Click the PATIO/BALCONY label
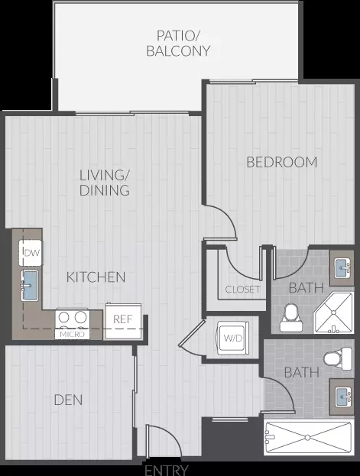[x=178, y=44]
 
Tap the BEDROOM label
[x=282, y=162]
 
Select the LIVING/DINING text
[x=105, y=183]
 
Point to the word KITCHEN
[x=96, y=277]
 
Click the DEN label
[x=68, y=400]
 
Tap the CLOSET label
[x=243, y=290]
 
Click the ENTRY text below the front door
[x=167, y=470]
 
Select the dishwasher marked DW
[x=31, y=253]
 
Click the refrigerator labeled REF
[x=123, y=321]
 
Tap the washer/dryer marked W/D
[x=233, y=338]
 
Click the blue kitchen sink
[x=30, y=285]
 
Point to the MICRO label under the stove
[x=72, y=335]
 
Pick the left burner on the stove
[x=63, y=318]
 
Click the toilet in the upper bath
[x=291, y=317]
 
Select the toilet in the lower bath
[x=338, y=359]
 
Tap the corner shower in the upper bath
[x=333, y=312]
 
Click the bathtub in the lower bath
[x=309, y=438]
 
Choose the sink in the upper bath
[x=342, y=267]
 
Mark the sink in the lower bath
[x=342, y=397]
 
